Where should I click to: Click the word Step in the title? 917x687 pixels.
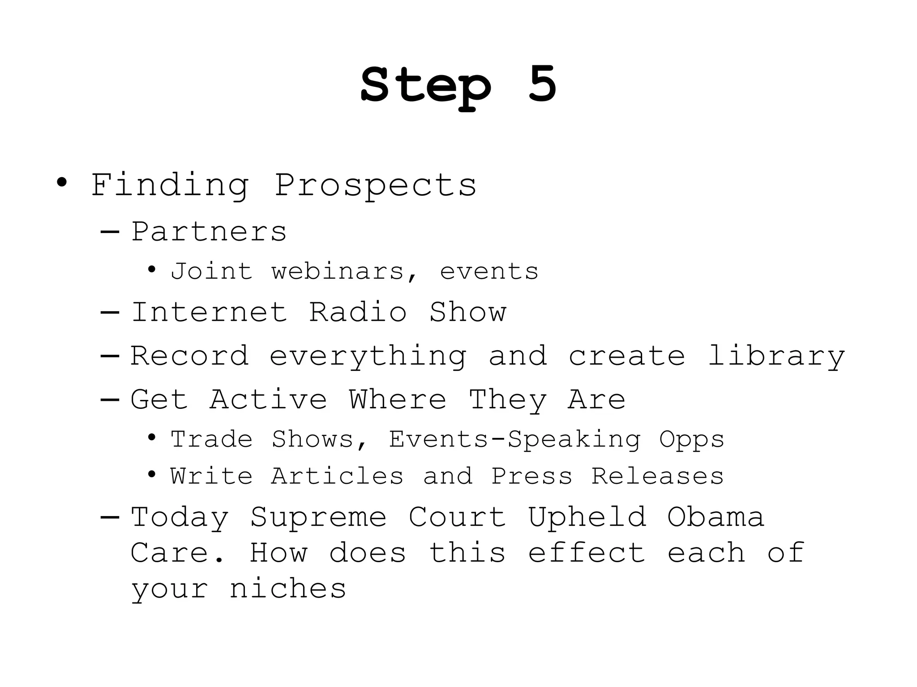426,86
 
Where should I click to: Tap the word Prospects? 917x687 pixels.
375,185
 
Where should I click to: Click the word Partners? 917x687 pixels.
209,232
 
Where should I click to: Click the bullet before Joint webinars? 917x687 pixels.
152,270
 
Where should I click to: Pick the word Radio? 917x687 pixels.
358,312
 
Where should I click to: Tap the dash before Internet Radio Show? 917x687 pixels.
110,312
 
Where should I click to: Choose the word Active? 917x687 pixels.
268,399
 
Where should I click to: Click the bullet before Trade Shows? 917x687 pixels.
152,437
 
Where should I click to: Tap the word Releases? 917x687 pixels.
657,476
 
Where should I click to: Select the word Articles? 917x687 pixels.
337,476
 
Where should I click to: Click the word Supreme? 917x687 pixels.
318,518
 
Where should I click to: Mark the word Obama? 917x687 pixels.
715,517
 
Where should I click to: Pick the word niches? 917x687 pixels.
288,589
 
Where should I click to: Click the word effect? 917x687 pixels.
587,553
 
